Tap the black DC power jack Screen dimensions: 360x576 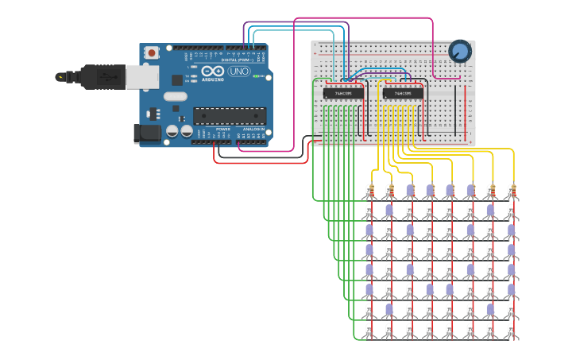148,134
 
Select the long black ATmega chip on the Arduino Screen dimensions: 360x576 230,115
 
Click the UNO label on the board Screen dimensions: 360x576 238,72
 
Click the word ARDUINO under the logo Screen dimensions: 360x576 213,79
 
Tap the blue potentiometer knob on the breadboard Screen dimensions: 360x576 460,52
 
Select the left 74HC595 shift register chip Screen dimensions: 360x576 343,93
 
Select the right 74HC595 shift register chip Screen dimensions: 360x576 403,93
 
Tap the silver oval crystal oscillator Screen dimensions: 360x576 176,97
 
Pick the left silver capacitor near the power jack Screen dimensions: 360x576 172,131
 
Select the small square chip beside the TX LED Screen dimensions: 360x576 176,80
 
